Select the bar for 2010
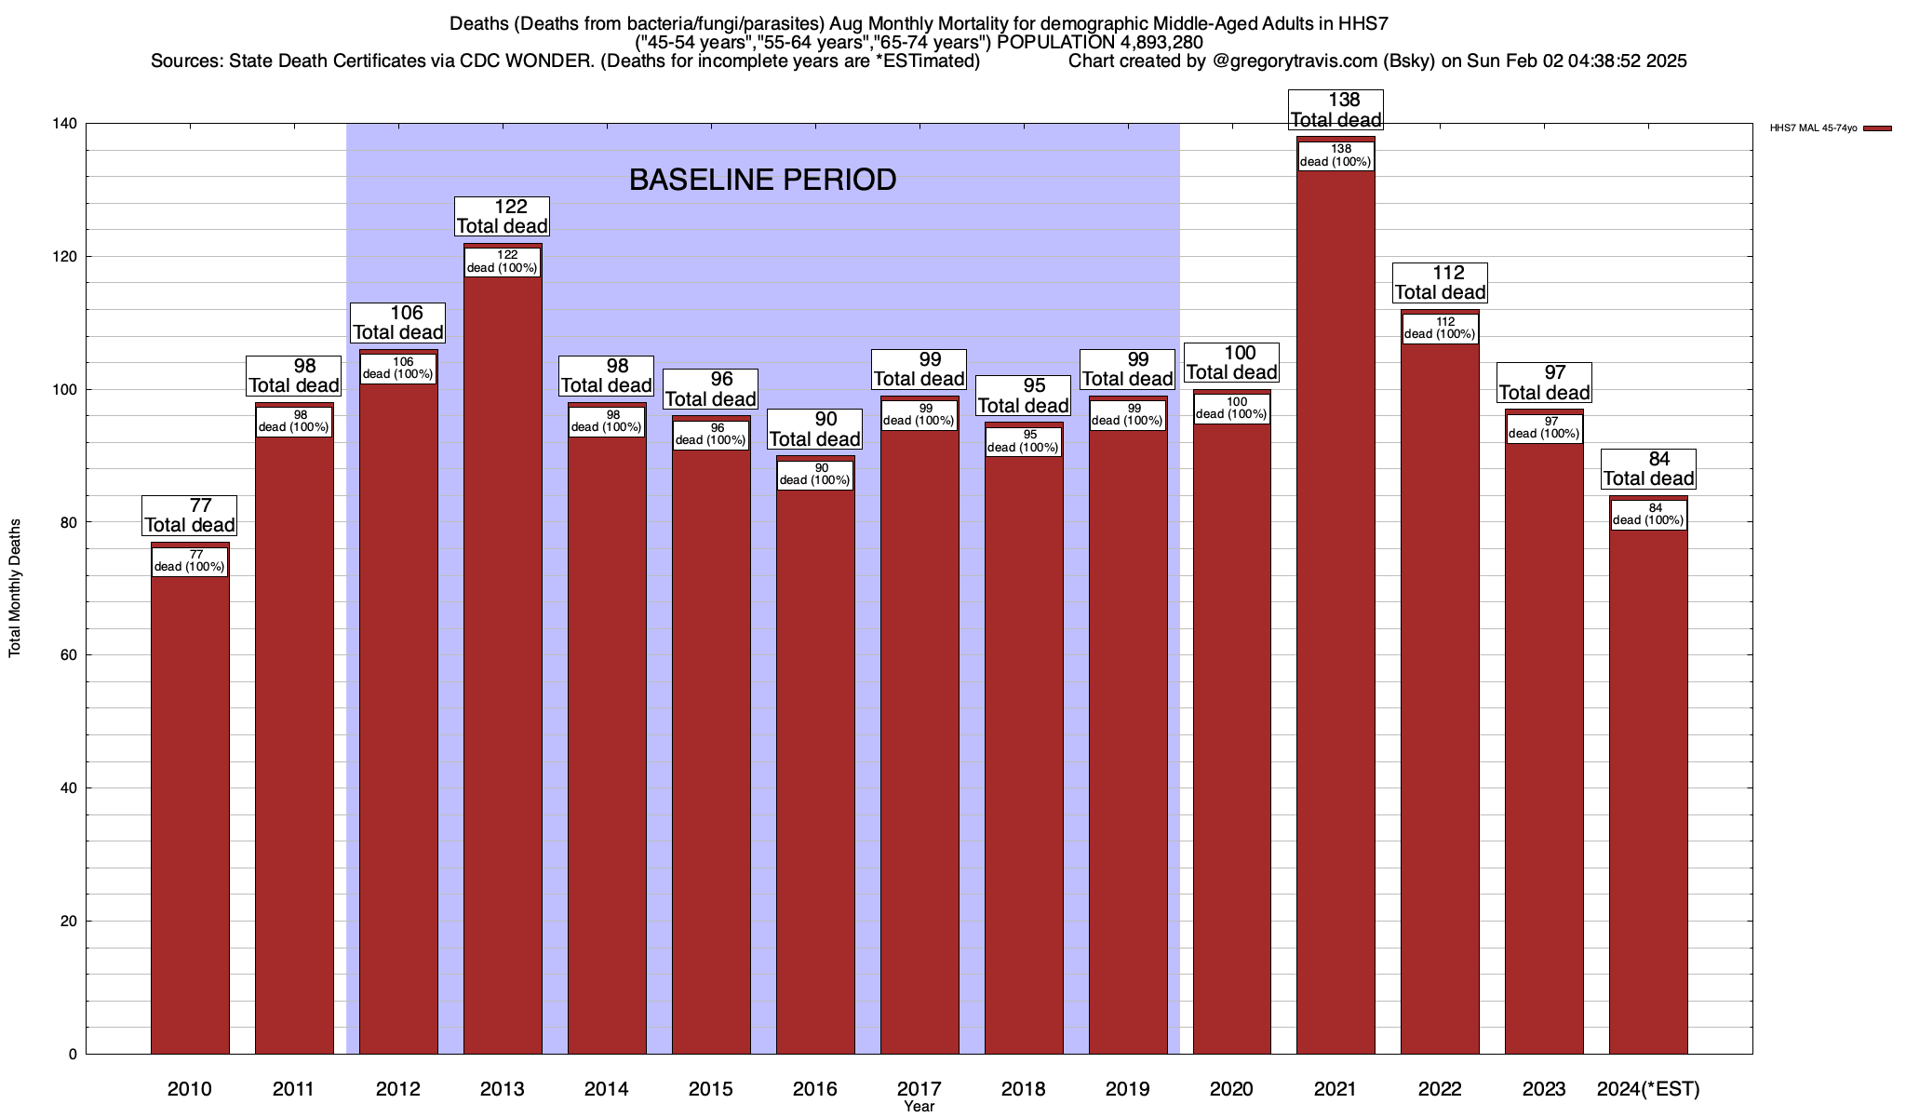click(x=190, y=810)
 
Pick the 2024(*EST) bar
click(x=1648, y=791)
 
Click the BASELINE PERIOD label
click(x=762, y=180)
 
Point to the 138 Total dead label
click(x=1336, y=110)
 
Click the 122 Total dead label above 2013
click(x=502, y=217)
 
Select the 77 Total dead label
click(x=190, y=516)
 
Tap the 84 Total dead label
click(x=1648, y=469)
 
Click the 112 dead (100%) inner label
click(x=1440, y=329)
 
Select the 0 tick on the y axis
click(x=73, y=1055)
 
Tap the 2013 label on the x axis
click(x=502, y=1089)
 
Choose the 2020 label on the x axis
click(x=1231, y=1089)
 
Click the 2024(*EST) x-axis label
click(x=1648, y=1089)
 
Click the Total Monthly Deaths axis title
click(x=15, y=588)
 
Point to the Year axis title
click(x=919, y=1107)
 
